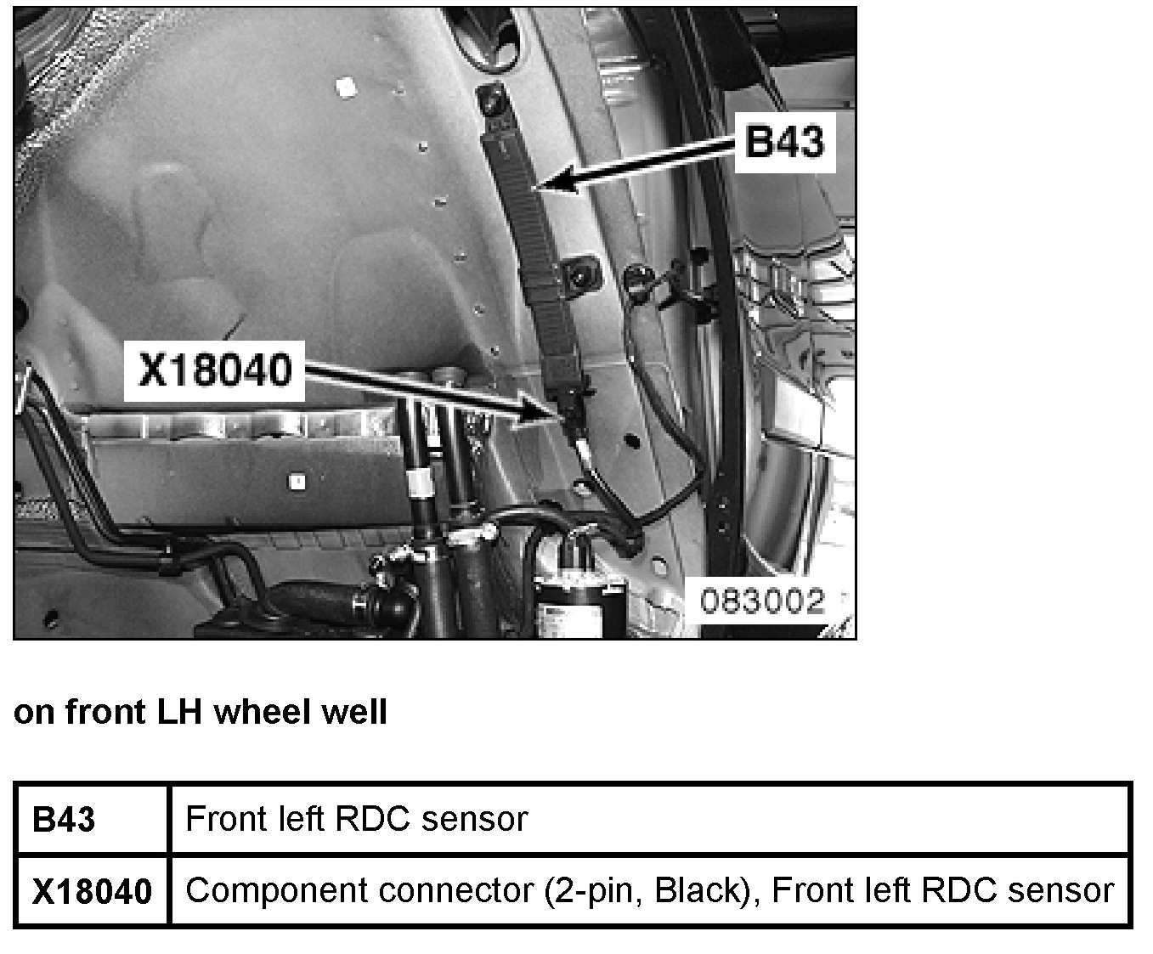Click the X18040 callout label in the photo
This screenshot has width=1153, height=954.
click(214, 370)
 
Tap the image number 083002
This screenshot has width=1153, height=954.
click(762, 601)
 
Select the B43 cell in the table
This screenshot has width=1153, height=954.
click(64, 820)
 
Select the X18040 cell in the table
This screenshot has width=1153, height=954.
click(92, 891)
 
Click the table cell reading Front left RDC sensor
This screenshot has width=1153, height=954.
click(357, 820)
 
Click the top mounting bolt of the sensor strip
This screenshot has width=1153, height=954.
click(489, 99)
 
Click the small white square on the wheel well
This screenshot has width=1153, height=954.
click(345, 87)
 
